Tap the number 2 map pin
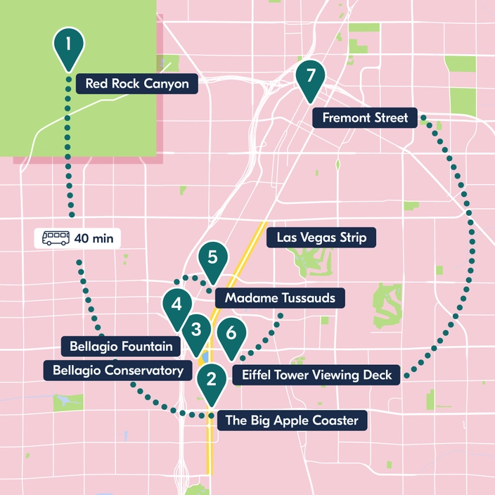(x=210, y=380)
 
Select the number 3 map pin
(x=196, y=330)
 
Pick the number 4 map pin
(x=177, y=305)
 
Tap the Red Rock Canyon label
(x=137, y=84)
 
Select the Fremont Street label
(x=365, y=117)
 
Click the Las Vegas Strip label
(x=321, y=238)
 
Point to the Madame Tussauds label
(x=280, y=298)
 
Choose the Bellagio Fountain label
(x=121, y=347)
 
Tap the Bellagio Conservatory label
(x=117, y=370)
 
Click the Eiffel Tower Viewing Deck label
(x=316, y=375)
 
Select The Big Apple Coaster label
(x=292, y=421)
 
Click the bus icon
(x=56, y=238)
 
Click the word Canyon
(x=168, y=84)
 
